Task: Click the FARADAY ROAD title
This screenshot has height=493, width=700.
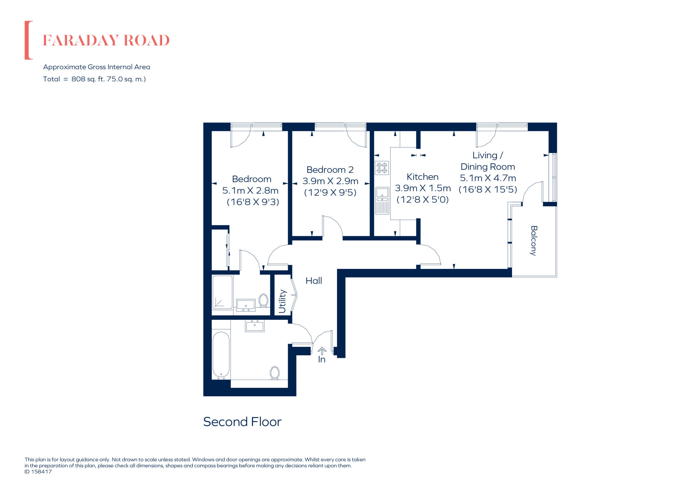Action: [106, 40]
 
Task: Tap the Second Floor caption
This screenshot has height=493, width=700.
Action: [242, 422]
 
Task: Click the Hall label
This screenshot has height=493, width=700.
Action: [313, 281]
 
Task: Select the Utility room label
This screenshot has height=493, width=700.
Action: [282, 301]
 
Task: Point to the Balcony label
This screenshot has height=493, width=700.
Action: [534, 241]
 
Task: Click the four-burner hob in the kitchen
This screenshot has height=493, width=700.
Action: [382, 168]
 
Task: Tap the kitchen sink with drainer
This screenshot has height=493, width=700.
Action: [382, 201]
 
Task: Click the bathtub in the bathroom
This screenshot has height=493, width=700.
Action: [221, 355]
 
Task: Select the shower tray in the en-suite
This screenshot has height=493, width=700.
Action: [223, 292]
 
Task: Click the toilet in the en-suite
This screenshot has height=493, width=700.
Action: [263, 300]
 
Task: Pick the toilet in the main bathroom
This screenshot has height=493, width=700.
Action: [274, 372]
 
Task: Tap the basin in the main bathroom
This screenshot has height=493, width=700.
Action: [255, 326]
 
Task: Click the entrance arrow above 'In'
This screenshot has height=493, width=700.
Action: [322, 351]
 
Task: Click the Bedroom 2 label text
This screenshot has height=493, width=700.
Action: [330, 170]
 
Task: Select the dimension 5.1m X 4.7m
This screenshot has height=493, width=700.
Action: [488, 178]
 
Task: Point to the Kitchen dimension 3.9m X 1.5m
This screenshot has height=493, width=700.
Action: [422, 188]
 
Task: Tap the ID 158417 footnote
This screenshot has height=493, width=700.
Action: [38, 471]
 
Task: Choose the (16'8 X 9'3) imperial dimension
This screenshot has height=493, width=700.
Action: [253, 202]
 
